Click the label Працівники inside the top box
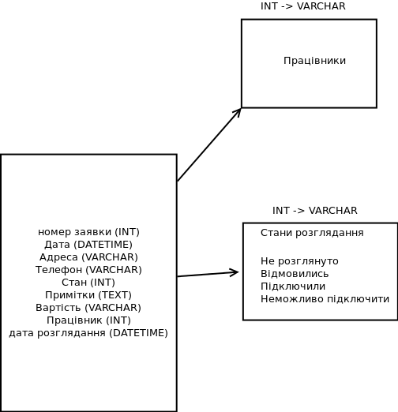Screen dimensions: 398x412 click(314, 61)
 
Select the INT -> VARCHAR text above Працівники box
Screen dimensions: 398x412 click(303, 6)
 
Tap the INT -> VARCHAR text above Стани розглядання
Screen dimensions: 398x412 click(315, 211)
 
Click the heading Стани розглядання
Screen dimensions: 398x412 click(312, 233)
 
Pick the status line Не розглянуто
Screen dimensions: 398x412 click(299, 261)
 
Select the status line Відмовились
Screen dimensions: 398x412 click(295, 274)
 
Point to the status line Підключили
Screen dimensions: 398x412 click(293, 287)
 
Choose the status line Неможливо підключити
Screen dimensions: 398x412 click(325, 299)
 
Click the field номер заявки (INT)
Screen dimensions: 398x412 click(88, 232)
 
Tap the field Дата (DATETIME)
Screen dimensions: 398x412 click(88, 245)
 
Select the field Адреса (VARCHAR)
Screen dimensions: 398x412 click(88, 257)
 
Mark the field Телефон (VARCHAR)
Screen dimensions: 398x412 click(88, 270)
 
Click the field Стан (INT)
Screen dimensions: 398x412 click(88, 283)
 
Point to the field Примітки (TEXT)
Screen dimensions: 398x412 click(88, 295)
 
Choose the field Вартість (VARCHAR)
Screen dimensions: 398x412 click(88, 308)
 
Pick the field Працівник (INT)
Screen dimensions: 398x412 click(88, 320)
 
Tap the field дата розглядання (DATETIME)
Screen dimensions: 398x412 click(88, 333)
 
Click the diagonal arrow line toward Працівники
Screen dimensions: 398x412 click(209, 144)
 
